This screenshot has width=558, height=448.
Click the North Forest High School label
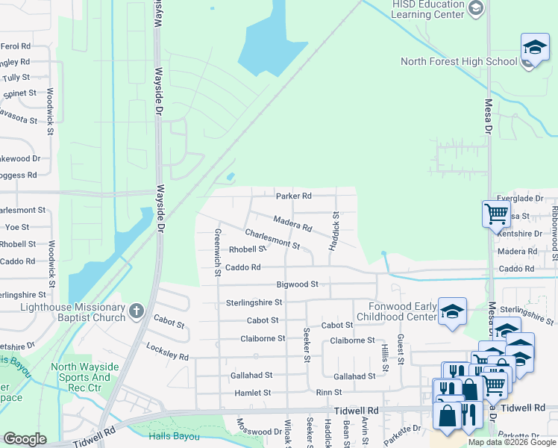click(x=458, y=62)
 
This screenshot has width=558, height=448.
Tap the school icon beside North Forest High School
click(x=535, y=48)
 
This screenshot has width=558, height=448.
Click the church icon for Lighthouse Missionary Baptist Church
click(x=136, y=311)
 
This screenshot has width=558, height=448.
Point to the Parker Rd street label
click(x=293, y=196)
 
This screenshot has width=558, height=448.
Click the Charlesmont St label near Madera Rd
click(x=272, y=239)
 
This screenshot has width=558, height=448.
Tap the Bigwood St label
click(x=298, y=284)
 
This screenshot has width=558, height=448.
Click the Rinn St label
click(x=328, y=392)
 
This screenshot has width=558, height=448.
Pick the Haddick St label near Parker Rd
click(x=336, y=225)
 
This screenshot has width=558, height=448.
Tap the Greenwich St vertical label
click(x=218, y=252)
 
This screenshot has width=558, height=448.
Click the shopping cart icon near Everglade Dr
click(x=496, y=214)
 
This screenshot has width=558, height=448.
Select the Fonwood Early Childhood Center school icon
click(x=452, y=312)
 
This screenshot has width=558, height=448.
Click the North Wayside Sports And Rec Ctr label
click(x=81, y=372)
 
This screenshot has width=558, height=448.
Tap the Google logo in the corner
click(x=25, y=439)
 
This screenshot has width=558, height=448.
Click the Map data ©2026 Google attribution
click(x=511, y=442)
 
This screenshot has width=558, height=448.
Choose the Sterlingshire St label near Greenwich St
click(x=254, y=302)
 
